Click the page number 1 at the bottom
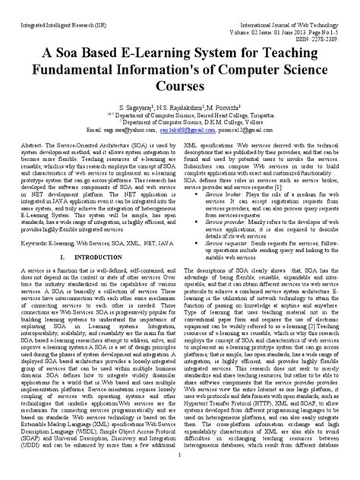[x=179, y=474]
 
